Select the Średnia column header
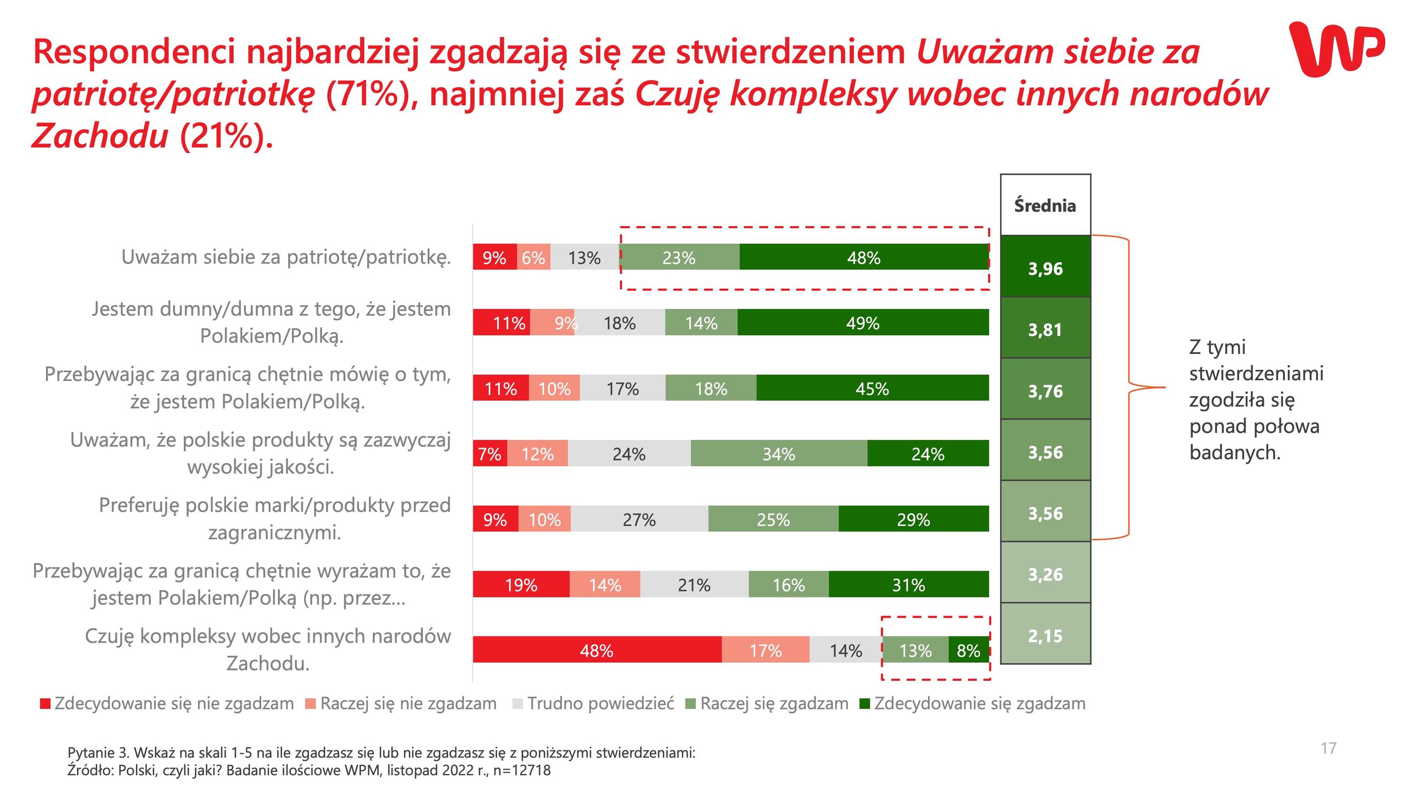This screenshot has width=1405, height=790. click(x=1045, y=205)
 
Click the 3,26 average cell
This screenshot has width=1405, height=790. click(x=1045, y=574)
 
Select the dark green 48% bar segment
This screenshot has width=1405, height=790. click(x=863, y=257)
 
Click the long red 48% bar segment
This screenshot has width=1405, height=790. click(x=597, y=650)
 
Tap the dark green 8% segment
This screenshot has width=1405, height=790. click(x=968, y=650)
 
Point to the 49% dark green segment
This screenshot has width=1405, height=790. click(x=862, y=323)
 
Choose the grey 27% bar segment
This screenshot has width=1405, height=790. click(x=639, y=519)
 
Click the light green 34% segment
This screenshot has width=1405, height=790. click(x=778, y=454)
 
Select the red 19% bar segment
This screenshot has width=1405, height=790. click(x=521, y=585)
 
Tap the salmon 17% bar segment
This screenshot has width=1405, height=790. click(x=765, y=650)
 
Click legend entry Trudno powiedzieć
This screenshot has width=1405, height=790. click(x=600, y=703)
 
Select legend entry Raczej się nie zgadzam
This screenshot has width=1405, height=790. click(x=408, y=703)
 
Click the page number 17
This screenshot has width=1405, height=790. click(x=1328, y=748)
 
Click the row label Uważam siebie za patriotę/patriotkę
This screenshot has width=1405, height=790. click(x=286, y=257)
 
